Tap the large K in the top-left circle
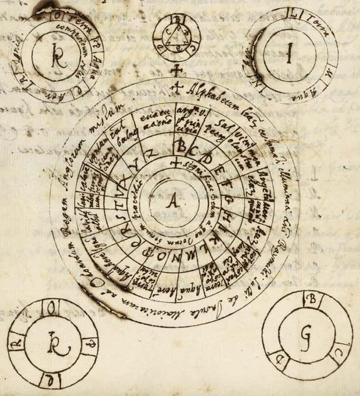tap(59, 58)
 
